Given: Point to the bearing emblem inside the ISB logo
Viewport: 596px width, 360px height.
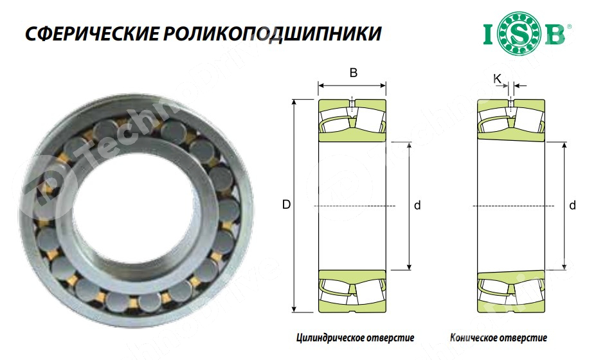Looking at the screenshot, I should pos(524,34).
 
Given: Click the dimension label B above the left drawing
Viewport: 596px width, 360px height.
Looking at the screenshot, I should pos(353,73).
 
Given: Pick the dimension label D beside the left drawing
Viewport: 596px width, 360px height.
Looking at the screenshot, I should pos(286,205).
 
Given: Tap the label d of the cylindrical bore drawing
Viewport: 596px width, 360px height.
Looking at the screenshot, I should pos(417,206).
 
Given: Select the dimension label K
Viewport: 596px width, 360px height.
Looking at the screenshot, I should pos(497,78).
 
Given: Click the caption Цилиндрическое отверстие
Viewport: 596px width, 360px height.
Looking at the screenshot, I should pos(356,337).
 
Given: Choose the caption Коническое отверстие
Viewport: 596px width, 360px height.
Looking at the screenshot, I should pos(508,337).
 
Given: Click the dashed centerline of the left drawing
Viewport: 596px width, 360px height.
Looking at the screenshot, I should pos(352,206).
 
